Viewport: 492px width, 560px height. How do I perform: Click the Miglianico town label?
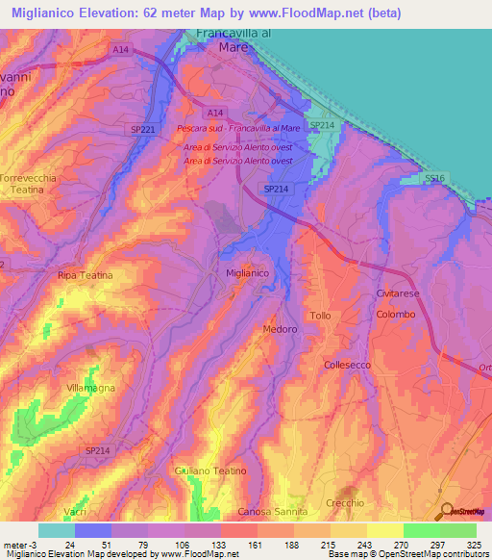click(x=246, y=274)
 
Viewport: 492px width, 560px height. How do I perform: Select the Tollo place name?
click(x=320, y=317)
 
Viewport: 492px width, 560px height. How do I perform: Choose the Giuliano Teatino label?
click(x=210, y=471)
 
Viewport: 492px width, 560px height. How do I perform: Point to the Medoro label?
click(x=279, y=329)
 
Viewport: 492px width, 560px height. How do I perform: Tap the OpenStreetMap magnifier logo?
click(x=445, y=511)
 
